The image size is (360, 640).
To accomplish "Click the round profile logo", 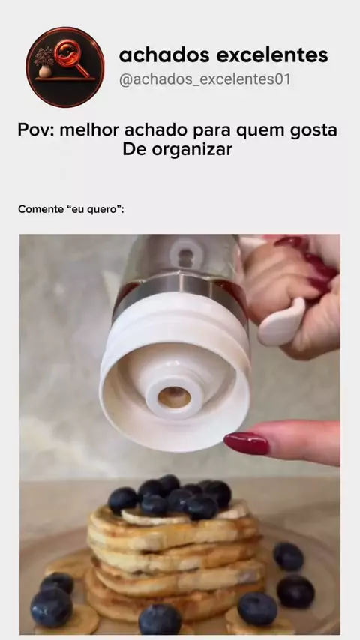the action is pyautogui.click(x=65, y=67).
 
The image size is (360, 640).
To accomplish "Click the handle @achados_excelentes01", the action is pyautogui.click(x=205, y=79).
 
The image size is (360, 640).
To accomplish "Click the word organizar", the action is pyautogui.click(x=192, y=151).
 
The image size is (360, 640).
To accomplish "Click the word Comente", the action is pyautogui.click(x=40, y=209).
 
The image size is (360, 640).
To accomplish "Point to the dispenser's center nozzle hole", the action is pyautogui.click(x=175, y=397).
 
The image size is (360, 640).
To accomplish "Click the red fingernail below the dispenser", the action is pyautogui.click(x=247, y=443).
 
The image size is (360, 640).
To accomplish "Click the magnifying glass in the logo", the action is pyautogui.click(x=72, y=60).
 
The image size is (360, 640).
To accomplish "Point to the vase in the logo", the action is pyautogui.click(x=44, y=70).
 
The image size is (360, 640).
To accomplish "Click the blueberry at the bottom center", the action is pyautogui.click(x=160, y=619).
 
